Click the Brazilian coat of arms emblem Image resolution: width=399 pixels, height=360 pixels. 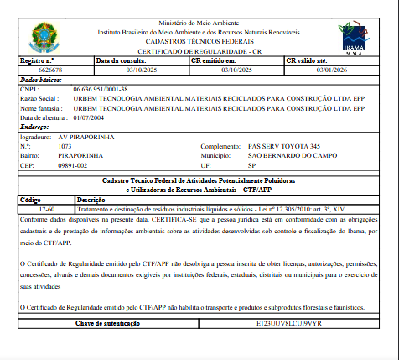(41, 35)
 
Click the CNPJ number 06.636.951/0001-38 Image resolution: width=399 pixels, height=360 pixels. (100, 88)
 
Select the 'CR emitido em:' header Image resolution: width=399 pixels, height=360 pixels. (215, 61)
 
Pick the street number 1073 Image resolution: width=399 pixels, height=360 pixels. (65, 146)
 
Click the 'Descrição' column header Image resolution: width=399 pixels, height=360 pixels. (90, 200)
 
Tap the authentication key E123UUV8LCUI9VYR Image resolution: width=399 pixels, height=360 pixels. (290, 322)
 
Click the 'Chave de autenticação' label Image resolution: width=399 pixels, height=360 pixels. (110, 322)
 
